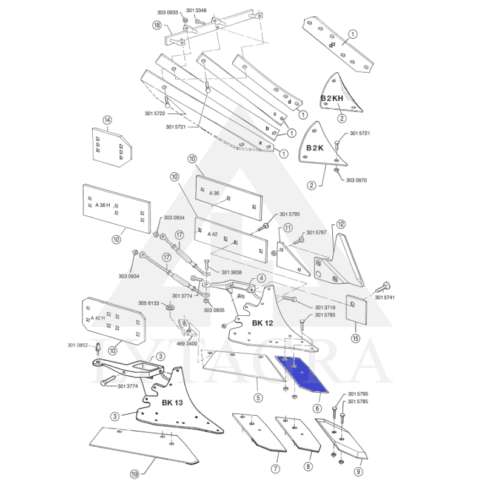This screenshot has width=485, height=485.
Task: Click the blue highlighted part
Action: click(302, 373)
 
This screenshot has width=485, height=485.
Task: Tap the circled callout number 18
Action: click(158, 26)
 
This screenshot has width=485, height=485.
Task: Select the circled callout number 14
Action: click(107, 120)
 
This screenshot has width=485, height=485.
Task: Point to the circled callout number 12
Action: click(341, 224)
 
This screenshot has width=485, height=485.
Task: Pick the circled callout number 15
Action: click(355, 337)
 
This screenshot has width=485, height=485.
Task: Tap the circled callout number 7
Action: click(275, 468)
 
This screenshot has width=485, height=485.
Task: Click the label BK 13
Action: click(172, 402)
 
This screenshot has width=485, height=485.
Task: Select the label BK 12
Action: click(264, 323)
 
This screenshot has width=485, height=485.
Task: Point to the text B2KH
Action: click(333, 98)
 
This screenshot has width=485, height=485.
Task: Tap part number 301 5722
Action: click(156, 113)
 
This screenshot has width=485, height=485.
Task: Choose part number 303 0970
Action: click(356, 180)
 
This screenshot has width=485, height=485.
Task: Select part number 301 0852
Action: click(78, 346)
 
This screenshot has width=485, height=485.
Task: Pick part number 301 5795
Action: click(358, 395)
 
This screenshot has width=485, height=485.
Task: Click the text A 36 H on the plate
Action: click(103, 205)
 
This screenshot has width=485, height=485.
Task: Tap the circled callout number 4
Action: click(261, 278)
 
